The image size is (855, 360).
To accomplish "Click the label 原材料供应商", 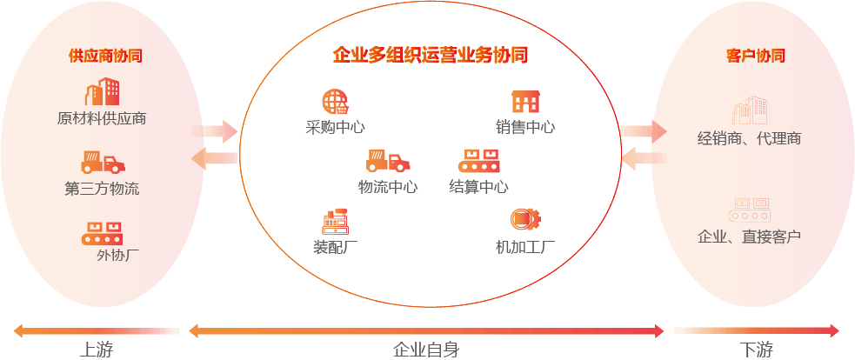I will point(101,118).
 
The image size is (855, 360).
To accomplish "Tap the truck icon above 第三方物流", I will point(103,163).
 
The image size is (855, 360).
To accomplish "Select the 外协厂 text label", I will point(117,255).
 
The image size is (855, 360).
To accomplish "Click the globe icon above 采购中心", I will point(335,102).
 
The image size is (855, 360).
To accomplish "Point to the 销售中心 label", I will point(525,127).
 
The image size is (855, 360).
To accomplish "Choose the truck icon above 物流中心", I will point(387,161).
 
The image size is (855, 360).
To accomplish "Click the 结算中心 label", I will point(478,186).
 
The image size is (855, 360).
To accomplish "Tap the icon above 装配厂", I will point(335,223).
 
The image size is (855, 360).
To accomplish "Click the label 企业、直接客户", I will point(749,236).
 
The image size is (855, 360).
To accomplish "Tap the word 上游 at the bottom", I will point(97,350).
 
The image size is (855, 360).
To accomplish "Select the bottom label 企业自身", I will point(426,350).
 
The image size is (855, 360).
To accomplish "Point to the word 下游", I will point(757,350).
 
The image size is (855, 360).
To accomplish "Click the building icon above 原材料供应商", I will point(103,92).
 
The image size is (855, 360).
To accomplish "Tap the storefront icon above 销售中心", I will point(525,102).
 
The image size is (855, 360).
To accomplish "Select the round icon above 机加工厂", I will point(522,218).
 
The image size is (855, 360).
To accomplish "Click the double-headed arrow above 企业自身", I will point(426,330).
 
